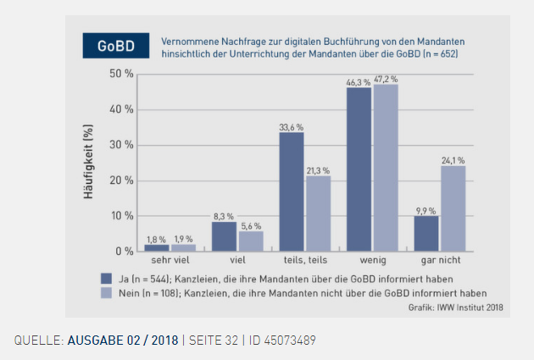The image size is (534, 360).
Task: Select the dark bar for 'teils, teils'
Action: (x=291, y=191)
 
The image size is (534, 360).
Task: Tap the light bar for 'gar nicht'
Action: (x=453, y=208)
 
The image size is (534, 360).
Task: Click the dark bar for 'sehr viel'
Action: (x=156, y=248)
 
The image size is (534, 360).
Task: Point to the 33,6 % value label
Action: (x=291, y=127)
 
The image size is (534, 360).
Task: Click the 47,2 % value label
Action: (x=386, y=79)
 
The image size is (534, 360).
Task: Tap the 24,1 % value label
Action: (x=453, y=160)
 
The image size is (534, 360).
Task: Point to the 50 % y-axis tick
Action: (x=122, y=74)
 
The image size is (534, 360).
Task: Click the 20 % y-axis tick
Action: (x=122, y=180)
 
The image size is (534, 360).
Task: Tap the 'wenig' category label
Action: (x=372, y=262)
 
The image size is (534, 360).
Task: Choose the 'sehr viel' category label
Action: (x=170, y=262)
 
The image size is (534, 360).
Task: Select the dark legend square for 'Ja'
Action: (x=107, y=278)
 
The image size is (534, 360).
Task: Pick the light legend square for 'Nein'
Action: (x=107, y=291)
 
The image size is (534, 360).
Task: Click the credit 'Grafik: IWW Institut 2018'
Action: (x=455, y=307)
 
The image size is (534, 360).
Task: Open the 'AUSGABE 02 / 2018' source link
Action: (x=122, y=341)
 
